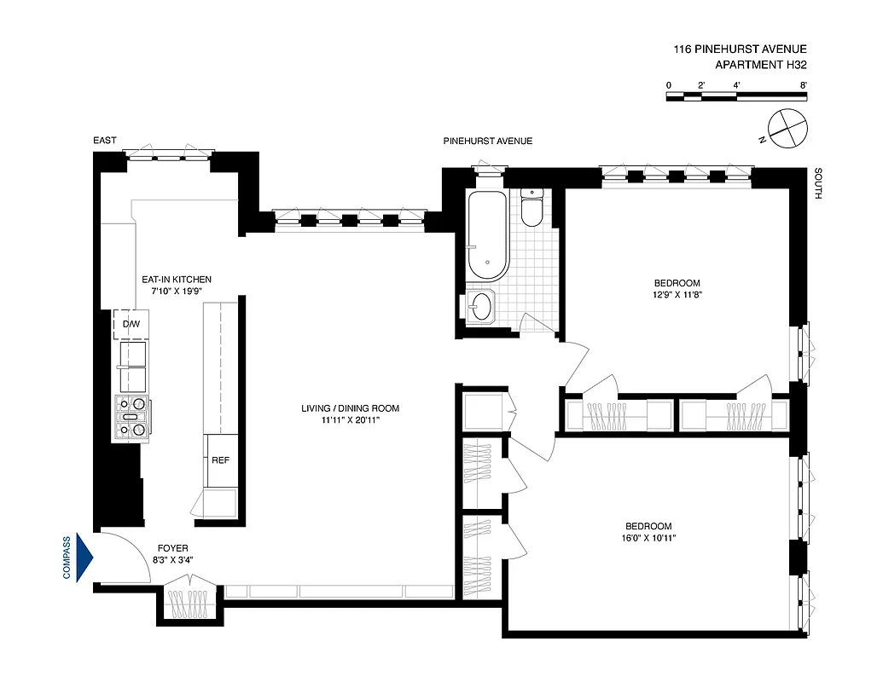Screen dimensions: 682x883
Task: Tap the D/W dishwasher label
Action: point(131,324)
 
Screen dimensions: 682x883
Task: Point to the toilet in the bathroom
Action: point(532,208)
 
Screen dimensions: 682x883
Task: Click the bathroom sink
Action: point(482,306)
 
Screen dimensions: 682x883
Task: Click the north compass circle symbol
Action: point(786,127)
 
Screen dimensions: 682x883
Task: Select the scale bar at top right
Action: point(736,97)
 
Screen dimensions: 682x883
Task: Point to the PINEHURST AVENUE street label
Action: point(487,141)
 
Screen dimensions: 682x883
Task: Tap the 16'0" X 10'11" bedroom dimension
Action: point(648,538)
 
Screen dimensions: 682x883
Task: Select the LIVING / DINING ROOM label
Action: point(350,408)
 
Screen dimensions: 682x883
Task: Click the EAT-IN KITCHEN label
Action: point(177,279)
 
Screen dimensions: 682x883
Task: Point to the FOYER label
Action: point(172,548)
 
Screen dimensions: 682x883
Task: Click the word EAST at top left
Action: point(106,141)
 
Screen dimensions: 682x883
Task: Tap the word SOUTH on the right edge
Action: point(817,183)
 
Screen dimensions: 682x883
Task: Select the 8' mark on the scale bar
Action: point(804,85)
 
